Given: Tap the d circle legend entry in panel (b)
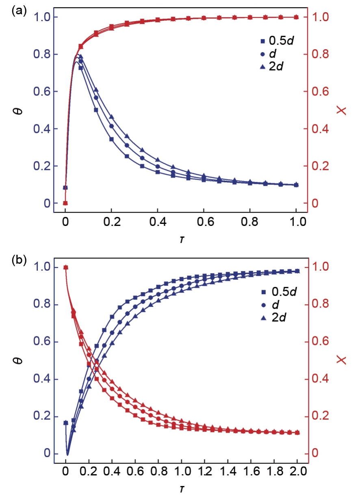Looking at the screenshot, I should coord(273,304).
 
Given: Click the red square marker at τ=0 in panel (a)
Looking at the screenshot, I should coord(65,203).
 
